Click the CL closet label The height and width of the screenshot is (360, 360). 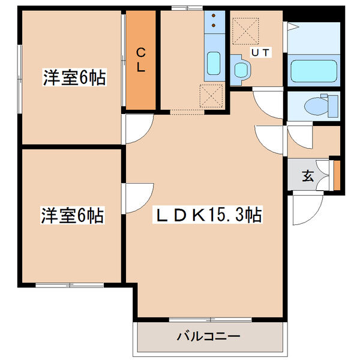[141, 59]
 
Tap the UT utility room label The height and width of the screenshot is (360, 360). [260, 53]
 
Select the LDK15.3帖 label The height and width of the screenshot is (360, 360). [208, 215]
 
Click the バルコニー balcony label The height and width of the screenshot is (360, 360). [208, 337]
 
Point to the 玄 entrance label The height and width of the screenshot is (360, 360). [308, 176]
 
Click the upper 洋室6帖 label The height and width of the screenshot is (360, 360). [74, 77]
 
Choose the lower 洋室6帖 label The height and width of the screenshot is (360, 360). [73, 215]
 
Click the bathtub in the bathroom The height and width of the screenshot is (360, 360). [314, 71]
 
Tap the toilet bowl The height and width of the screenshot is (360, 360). [317, 106]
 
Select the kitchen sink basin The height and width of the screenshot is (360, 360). [214, 63]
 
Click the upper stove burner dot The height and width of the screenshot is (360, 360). [214, 16]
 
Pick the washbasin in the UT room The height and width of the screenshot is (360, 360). [241, 68]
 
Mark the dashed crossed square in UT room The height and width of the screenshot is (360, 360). [245, 31]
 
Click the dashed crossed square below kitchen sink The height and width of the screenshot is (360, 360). [211, 96]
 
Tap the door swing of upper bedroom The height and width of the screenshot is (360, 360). [137, 129]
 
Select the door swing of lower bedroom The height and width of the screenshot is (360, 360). [137, 199]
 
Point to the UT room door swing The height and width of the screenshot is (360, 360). [268, 104]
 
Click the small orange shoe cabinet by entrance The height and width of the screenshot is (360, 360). [337, 175]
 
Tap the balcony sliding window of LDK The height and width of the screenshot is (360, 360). [211, 319]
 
